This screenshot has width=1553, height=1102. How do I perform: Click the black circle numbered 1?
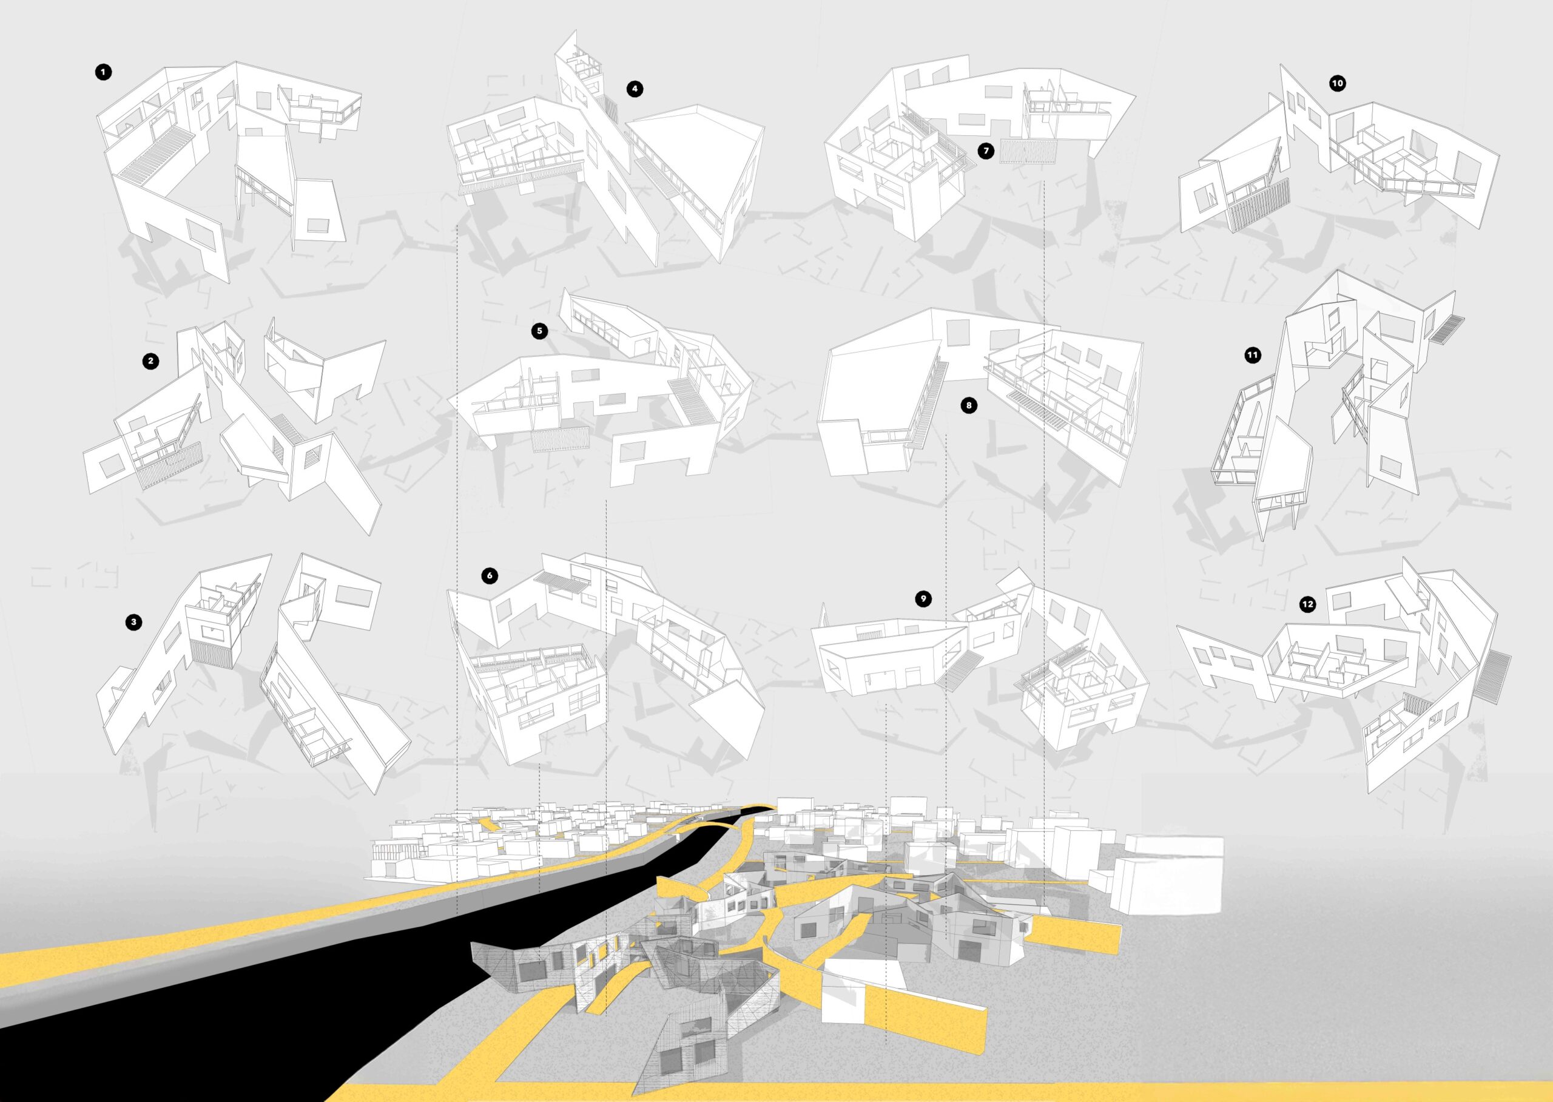[x=103, y=73]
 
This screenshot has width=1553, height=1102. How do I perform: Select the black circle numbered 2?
[x=150, y=361]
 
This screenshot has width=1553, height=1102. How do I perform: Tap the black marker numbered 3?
[x=133, y=621]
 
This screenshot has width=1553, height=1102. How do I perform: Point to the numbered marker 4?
[x=634, y=89]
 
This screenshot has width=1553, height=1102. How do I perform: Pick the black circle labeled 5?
[x=539, y=331]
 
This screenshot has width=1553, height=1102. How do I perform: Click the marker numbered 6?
[x=489, y=576]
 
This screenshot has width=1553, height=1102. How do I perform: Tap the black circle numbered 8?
[x=969, y=406]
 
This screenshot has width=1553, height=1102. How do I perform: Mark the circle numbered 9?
[x=922, y=598]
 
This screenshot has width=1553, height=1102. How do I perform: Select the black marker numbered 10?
[x=1338, y=84]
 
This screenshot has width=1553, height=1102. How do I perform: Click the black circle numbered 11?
[x=1253, y=355]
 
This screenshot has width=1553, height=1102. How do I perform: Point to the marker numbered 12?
[x=1308, y=603]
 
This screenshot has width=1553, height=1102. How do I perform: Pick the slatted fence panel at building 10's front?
[x=1247, y=206]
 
